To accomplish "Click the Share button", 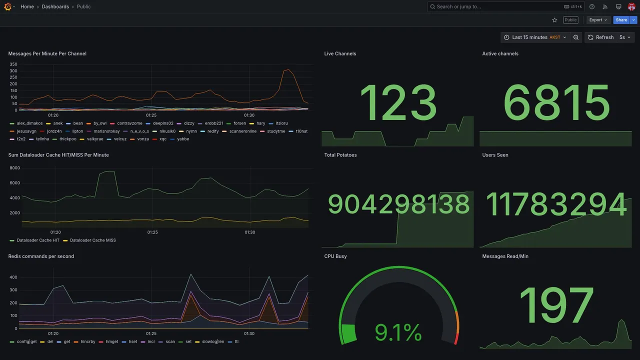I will (x=621, y=20).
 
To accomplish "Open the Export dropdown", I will (x=598, y=20).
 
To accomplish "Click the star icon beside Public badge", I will (x=554, y=20).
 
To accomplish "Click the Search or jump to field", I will (x=495, y=6).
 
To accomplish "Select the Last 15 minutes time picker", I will (x=535, y=37).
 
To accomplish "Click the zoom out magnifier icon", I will (x=576, y=37).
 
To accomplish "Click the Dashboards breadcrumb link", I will (x=55, y=6).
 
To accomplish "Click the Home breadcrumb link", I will (x=27, y=6).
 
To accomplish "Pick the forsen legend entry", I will (x=239, y=123).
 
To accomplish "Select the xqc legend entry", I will (x=162, y=139).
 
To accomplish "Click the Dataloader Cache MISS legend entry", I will (x=92, y=240).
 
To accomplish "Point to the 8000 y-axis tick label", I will (x=15, y=168).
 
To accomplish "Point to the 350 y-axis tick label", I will (x=13, y=64).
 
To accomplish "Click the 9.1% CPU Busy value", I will (x=398, y=332).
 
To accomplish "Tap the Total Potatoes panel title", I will (x=340, y=155).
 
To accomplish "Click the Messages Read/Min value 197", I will (x=556, y=305).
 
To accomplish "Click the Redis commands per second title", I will (x=41, y=256).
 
